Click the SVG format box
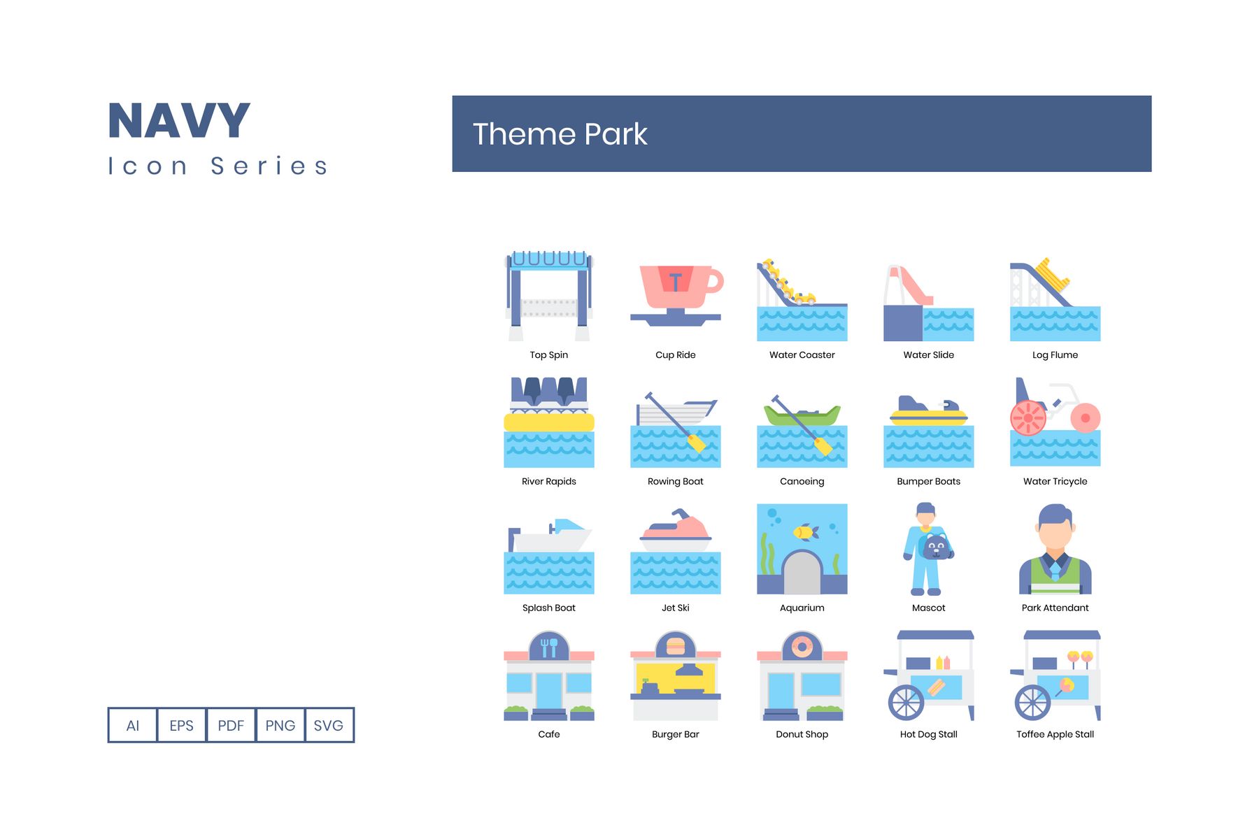point(329,725)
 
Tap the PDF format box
point(231,725)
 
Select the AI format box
point(132,725)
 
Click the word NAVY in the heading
point(179,121)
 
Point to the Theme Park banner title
point(560,134)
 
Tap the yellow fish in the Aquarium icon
point(806,533)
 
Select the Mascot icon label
point(928,608)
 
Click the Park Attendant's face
point(1055,535)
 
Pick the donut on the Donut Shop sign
point(802,647)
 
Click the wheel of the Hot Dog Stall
point(906,702)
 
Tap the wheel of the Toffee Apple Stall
point(1032,702)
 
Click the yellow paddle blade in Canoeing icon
point(823,446)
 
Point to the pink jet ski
point(676,528)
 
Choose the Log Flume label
point(1055,355)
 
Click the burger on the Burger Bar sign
point(676,646)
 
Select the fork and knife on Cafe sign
point(549,647)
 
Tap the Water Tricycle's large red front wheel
point(1027,418)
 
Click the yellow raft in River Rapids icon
point(549,422)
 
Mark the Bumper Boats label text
point(928,482)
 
